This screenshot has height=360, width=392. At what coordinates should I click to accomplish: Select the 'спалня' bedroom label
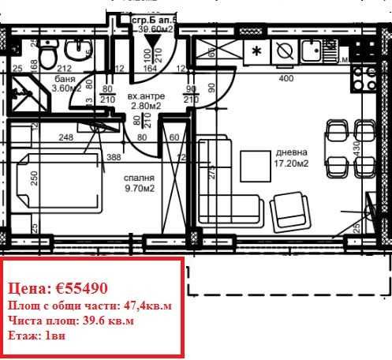pyautogui.click(x=138, y=178)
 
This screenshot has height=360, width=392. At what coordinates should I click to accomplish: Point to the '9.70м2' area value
pyautogui.click(x=138, y=189)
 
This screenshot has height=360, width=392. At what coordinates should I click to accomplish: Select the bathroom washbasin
pyautogui.click(x=79, y=51)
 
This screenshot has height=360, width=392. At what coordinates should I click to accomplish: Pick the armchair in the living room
pyautogui.click(x=290, y=210)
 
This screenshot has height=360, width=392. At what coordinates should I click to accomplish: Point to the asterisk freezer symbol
pyautogui.click(x=256, y=53)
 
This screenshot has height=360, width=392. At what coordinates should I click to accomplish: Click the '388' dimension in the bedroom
pyautogui.click(x=114, y=158)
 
